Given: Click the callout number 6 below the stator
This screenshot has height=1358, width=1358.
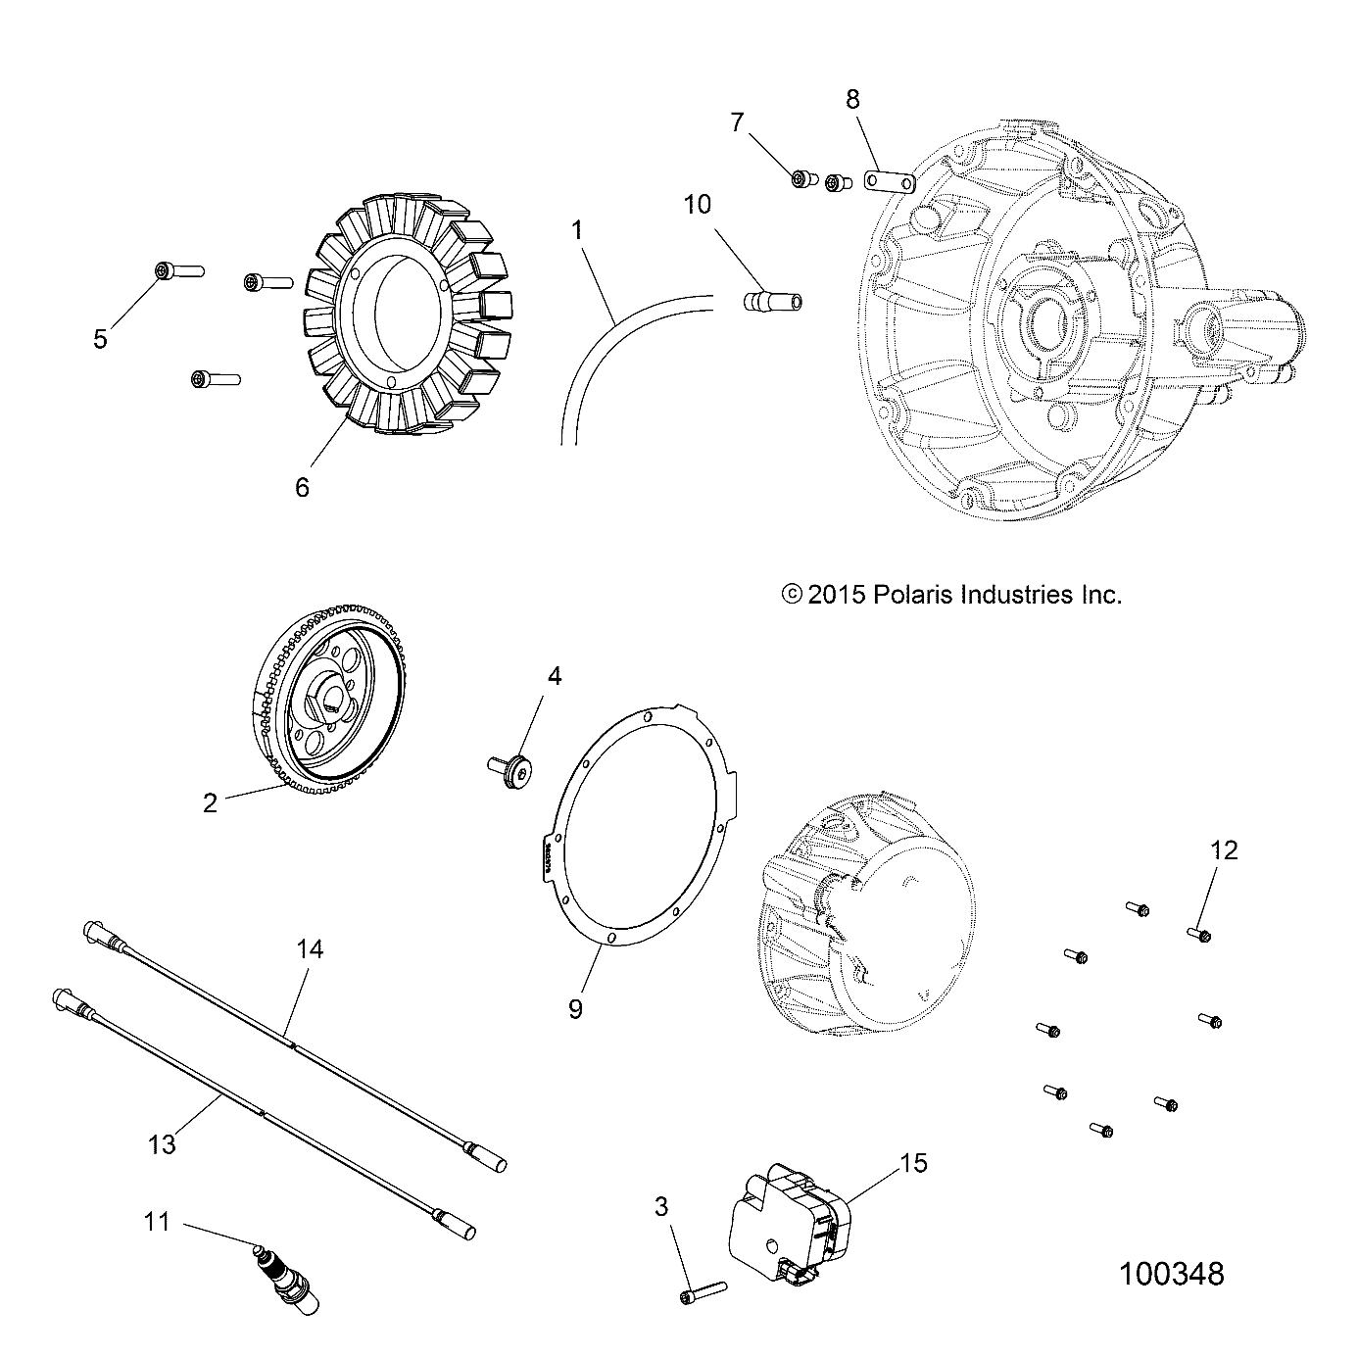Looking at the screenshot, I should (302, 487).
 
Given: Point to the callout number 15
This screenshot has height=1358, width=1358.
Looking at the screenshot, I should (913, 1163).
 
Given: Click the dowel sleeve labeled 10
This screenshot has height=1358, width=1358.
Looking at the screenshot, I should (770, 300).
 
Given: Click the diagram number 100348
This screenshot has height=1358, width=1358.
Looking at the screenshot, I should (1171, 1274).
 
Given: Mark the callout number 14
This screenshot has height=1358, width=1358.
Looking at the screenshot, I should (310, 949).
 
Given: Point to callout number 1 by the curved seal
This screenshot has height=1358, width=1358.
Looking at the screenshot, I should (577, 230).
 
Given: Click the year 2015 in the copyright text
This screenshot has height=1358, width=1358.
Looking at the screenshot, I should (836, 594).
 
